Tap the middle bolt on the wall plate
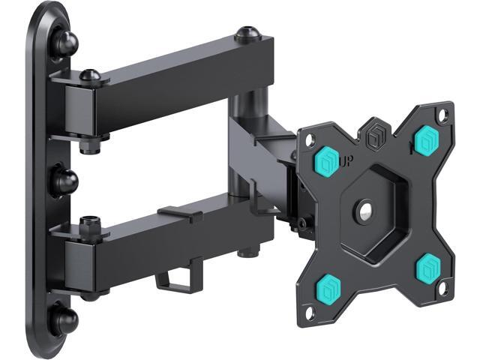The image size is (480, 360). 64,181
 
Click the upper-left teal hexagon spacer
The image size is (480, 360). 327,159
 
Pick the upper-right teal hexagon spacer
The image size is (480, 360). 427,139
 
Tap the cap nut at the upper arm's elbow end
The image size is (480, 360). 247,34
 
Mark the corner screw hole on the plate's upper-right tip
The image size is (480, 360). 442,115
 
